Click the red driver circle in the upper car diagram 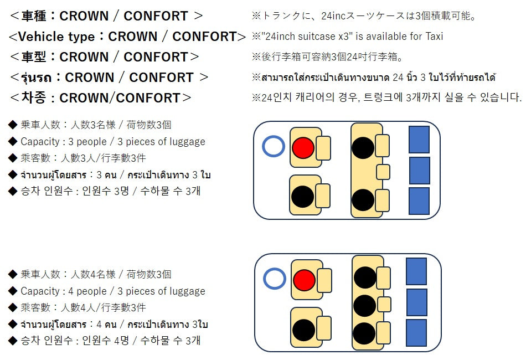point(303,147)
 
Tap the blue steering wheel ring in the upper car point(273,147)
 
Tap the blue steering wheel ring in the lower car point(274,279)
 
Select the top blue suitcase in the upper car point(419,140)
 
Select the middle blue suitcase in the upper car point(419,171)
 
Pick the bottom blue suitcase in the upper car point(419,200)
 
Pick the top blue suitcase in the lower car point(416,271)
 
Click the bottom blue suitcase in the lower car point(416,333)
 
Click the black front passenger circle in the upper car point(303,197)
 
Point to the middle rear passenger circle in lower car point(364,305)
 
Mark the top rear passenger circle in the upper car point(363,147)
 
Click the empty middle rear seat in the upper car point(383,172)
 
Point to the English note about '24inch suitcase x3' point(347,37)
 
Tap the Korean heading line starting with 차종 point(100,98)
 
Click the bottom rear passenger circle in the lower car point(364,333)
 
